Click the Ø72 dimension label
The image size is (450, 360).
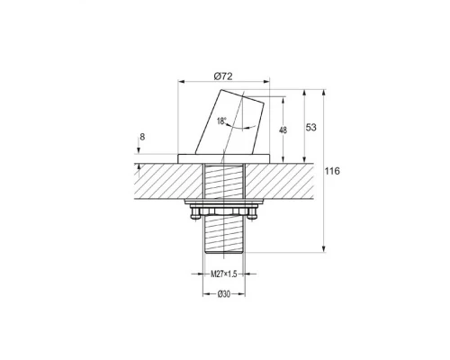tap(223, 76)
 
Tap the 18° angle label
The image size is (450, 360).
tap(221, 121)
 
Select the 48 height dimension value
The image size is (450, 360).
tap(283, 130)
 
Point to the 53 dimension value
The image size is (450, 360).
tap(311, 128)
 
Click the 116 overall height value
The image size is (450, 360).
tap(332, 171)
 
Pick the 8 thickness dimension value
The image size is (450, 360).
tap(142, 137)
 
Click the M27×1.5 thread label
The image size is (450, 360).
tap(224, 274)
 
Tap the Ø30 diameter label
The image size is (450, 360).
tap(224, 294)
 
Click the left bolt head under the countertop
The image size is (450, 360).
tap(195, 213)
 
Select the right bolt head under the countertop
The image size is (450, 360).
tap(252, 213)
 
